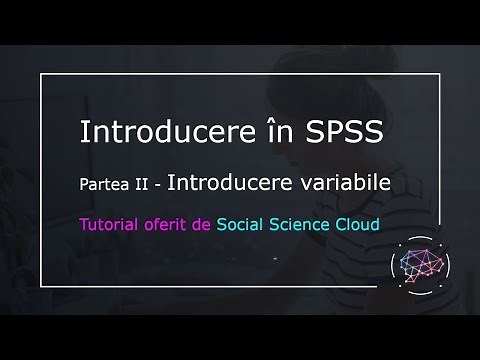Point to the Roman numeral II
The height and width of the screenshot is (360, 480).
click(145, 185)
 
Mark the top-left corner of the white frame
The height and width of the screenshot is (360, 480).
click(41, 73)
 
